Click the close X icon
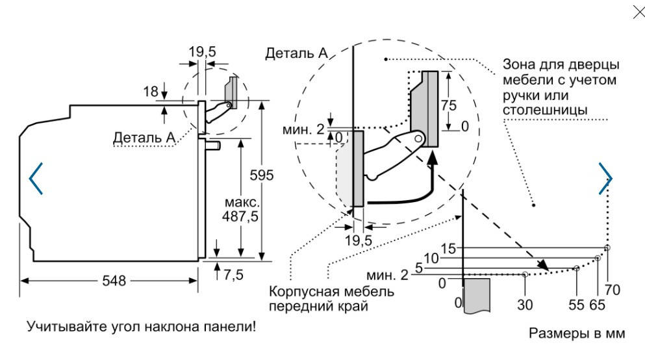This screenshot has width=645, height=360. click(638, 12)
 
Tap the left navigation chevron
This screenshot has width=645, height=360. click(36, 177)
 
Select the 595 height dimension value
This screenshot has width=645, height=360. click(261, 175)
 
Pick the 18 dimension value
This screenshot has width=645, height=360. click(151, 92)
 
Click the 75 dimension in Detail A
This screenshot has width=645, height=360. click(449, 105)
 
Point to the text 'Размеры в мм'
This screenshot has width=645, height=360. click(577, 333)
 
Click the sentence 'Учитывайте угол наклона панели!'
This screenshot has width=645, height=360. click(141, 326)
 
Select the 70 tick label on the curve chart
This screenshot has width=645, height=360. click(612, 289)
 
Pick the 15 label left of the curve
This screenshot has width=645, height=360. click(449, 248)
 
